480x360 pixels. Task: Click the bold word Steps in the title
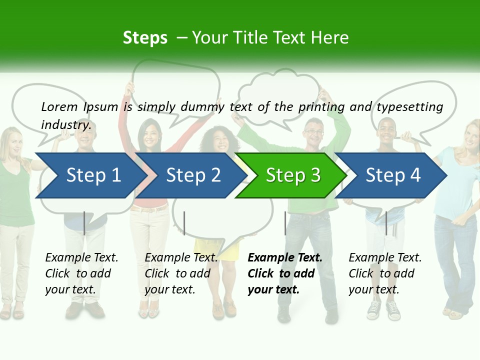tap(145, 37)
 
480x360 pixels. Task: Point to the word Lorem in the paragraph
tap(59, 106)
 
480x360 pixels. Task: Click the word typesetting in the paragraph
tap(409, 106)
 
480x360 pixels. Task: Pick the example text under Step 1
tap(81, 273)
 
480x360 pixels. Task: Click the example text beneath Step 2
tap(181, 273)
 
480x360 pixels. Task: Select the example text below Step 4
tap(385, 273)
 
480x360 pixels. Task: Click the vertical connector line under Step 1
tap(84, 223)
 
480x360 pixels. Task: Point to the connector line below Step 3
tap(285, 223)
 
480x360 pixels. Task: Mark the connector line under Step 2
tap(184, 223)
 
